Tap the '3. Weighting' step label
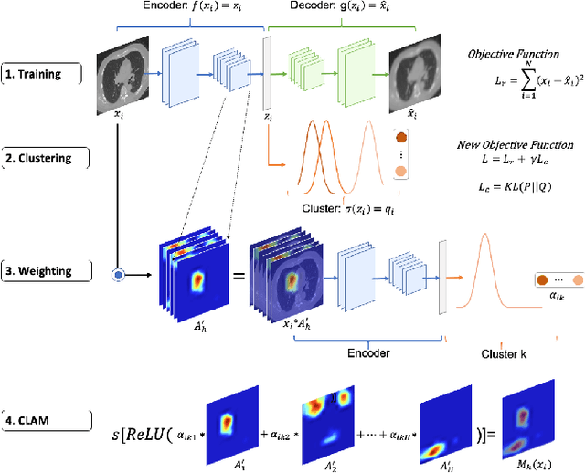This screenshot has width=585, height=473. (x=45, y=272)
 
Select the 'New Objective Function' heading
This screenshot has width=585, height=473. (x=515, y=144)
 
